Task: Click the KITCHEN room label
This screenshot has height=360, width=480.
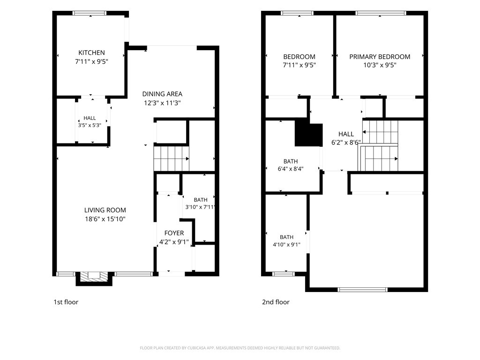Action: click(91, 52)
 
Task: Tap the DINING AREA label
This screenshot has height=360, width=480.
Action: click(162, 94)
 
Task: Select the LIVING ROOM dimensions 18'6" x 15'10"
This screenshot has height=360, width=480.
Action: click(105, 219)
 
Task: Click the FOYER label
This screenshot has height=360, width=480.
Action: click(174, 233)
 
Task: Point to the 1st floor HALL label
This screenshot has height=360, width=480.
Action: click(90, 118)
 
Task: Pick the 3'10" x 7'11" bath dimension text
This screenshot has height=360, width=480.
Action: click(200, 207)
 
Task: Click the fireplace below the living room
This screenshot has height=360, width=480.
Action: click(94, 278)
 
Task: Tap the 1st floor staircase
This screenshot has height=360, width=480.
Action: click(171, 158)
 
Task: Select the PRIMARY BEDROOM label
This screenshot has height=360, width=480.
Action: click(380, 57)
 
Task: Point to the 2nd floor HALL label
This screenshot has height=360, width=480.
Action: click(346, 134)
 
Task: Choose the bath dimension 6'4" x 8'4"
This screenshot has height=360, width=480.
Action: click(291, 169)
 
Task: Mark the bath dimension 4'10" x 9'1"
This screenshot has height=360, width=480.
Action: click(286, 245)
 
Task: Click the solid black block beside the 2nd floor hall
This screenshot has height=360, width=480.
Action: click(308, 135)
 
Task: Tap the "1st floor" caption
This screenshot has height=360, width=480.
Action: click(66, 302)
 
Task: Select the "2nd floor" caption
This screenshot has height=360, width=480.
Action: click(276, 302)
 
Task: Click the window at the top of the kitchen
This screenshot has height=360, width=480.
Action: click(90, 13)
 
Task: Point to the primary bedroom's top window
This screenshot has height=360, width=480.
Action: click(381, 13)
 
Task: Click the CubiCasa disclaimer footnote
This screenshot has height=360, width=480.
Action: click(240, 348)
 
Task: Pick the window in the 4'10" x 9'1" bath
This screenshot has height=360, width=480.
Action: click(284, 274)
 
